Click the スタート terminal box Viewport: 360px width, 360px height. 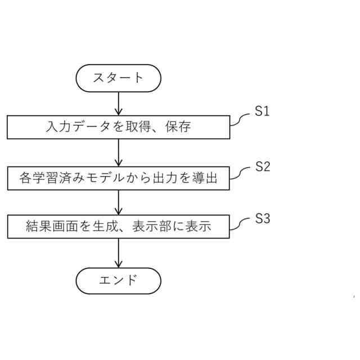click(x=118, y=78)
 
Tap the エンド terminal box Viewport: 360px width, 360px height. click(x=118, y=280)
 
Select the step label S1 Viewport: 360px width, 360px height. click(x=262, y=111)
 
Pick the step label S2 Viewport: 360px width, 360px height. click(x=263, y=166)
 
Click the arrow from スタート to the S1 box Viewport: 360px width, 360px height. click(x=119, y=103)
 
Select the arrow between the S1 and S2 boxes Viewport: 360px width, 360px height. click(x=119, y=152)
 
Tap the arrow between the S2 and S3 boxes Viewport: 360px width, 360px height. click(x=119, y=203)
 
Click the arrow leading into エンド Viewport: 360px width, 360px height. click(x=119, y=254)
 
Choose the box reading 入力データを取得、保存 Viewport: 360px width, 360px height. click(x=119, y=127)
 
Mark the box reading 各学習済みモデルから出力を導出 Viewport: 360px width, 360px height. click(x=119, y=178)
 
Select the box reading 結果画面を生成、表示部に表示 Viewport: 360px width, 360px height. click(x=119, y=227)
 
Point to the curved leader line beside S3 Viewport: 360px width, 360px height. click(x=240, y=224)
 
